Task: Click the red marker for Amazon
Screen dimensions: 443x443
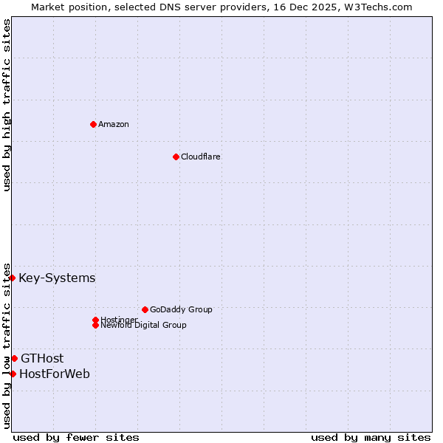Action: coord(93,124)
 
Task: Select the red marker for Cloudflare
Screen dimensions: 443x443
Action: coord(176,157)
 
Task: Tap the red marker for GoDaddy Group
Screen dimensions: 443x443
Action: coord(145,309)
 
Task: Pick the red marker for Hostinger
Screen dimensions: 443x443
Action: coord(95,320)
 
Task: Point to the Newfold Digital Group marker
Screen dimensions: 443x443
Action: coord(95,325)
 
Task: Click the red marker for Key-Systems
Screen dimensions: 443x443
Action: coord(13,278)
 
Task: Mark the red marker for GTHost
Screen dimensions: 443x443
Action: coord(14,358)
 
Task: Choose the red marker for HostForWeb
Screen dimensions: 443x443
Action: coord(13,374)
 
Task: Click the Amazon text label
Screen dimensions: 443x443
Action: coord(114,124)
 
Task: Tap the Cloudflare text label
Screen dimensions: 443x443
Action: coord(201,157)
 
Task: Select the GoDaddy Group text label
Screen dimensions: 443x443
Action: coord(181,309)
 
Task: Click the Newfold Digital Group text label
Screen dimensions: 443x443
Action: coord(144,326)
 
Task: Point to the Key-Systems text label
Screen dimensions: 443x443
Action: coord(57,278)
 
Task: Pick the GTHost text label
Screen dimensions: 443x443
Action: coord(42,359)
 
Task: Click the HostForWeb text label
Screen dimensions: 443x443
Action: coord(55,374)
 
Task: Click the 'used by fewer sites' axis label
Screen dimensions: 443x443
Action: coord(76,437)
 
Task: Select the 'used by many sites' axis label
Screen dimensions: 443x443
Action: coord(371,437)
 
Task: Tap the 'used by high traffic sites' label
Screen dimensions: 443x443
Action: coord(7,106)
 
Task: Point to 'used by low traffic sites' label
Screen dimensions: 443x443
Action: coord(7,346)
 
